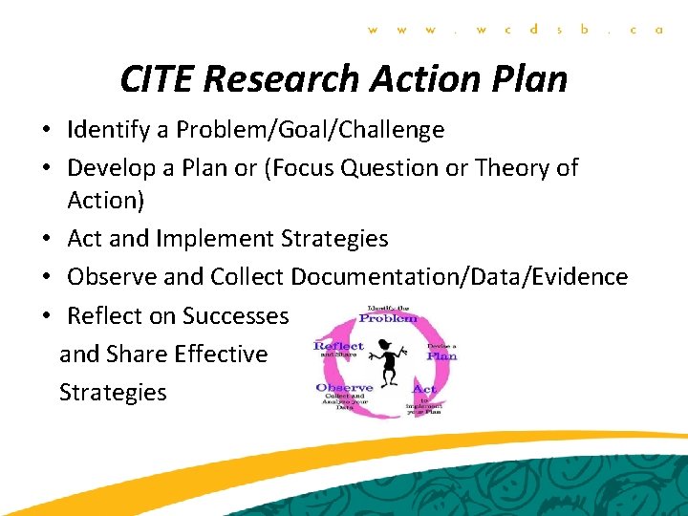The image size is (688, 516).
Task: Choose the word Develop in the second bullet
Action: click(x=108, y=168)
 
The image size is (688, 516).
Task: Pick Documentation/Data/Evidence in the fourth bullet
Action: click(x=460, y=277)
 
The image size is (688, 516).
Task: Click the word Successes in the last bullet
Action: click(x=235, y=315)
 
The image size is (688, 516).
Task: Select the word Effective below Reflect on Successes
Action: click(x=218, y=354)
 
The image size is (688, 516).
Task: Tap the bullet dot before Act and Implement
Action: click(x=47, y=239)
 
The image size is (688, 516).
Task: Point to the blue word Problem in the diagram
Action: click(x=388, y=318)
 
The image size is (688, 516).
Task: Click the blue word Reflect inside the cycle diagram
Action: click(x=339, y=346)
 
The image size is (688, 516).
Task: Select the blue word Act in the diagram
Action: click(x=424, y=389)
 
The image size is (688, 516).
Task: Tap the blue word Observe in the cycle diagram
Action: click(x=344, y=388)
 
